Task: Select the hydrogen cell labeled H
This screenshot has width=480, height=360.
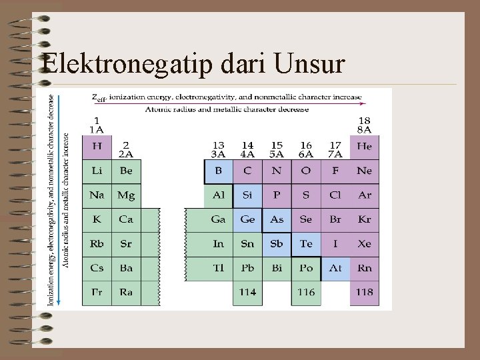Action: click(x=97, y=147)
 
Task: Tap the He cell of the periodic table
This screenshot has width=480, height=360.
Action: click(x=364, y=147)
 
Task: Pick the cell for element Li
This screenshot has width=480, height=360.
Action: click(x=97, y=171)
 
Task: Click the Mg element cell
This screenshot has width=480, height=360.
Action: click(x=126, y=195)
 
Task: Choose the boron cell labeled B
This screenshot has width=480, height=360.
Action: click(x=218, y=171)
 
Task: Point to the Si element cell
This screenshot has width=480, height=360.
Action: click(x=247, y=195)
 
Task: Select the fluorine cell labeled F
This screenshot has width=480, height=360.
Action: click(x=335, y=171)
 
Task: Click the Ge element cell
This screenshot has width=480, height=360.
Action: click(x=247, y=219)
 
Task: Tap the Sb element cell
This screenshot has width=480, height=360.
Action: click(x=277, y=244)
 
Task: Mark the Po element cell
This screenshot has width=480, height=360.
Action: click(x=306, y=268)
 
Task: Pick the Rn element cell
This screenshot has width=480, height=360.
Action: click(x=364, y=268)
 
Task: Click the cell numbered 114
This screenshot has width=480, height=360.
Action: click(x=247, y=292)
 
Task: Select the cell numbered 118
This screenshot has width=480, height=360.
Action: click(x=364, y=292)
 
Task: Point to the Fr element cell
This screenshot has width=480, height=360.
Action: click(x=97, y=292)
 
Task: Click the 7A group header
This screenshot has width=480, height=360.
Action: click(x=335, y=150)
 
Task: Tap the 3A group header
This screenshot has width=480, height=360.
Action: click(x=218, y=150)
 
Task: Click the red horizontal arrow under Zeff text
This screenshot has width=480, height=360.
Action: click(x=227, y=103)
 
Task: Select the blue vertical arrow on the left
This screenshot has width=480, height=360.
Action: click(x=58, y=200)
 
